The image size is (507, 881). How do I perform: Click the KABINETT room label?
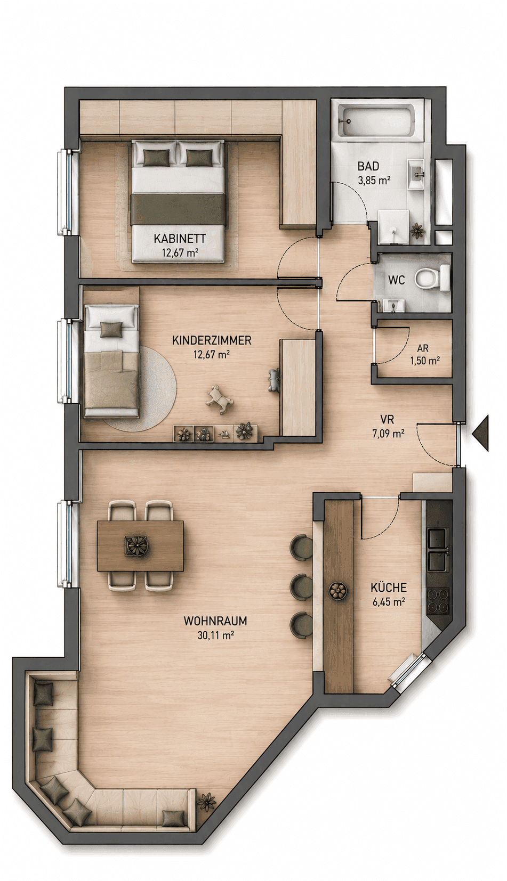(180, 238)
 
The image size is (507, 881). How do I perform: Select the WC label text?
(397, 280)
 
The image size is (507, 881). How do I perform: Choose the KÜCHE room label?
(389, 588)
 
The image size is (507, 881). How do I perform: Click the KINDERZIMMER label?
(212, 340)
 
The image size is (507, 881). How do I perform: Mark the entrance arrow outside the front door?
(481, 433)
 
